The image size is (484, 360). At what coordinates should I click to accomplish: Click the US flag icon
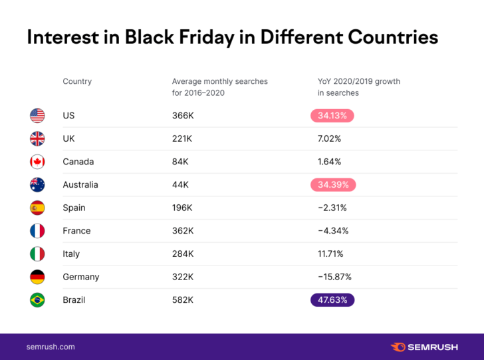37,116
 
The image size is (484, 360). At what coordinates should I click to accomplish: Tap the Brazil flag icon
37,300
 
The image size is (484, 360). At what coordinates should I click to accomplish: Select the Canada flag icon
37,162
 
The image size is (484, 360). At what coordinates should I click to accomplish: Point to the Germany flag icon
37,277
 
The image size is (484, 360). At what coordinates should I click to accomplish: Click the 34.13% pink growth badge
332,116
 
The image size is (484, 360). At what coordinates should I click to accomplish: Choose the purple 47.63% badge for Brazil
332,300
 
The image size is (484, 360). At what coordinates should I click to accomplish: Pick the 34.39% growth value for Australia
332,184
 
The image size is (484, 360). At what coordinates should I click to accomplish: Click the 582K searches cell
182,300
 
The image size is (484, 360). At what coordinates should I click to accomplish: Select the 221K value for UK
181,138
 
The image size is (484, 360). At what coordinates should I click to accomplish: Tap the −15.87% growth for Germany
334,277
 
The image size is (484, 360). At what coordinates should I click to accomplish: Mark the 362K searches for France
182,231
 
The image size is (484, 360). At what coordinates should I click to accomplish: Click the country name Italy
71,254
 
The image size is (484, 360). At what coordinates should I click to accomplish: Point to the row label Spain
74,208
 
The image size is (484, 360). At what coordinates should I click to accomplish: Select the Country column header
77,81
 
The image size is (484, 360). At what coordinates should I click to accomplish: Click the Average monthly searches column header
219,87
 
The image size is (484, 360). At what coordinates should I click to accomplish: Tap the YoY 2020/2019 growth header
358,87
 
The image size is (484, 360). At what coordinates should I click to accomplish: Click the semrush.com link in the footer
51,347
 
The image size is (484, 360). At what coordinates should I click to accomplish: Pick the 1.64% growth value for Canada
329,162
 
